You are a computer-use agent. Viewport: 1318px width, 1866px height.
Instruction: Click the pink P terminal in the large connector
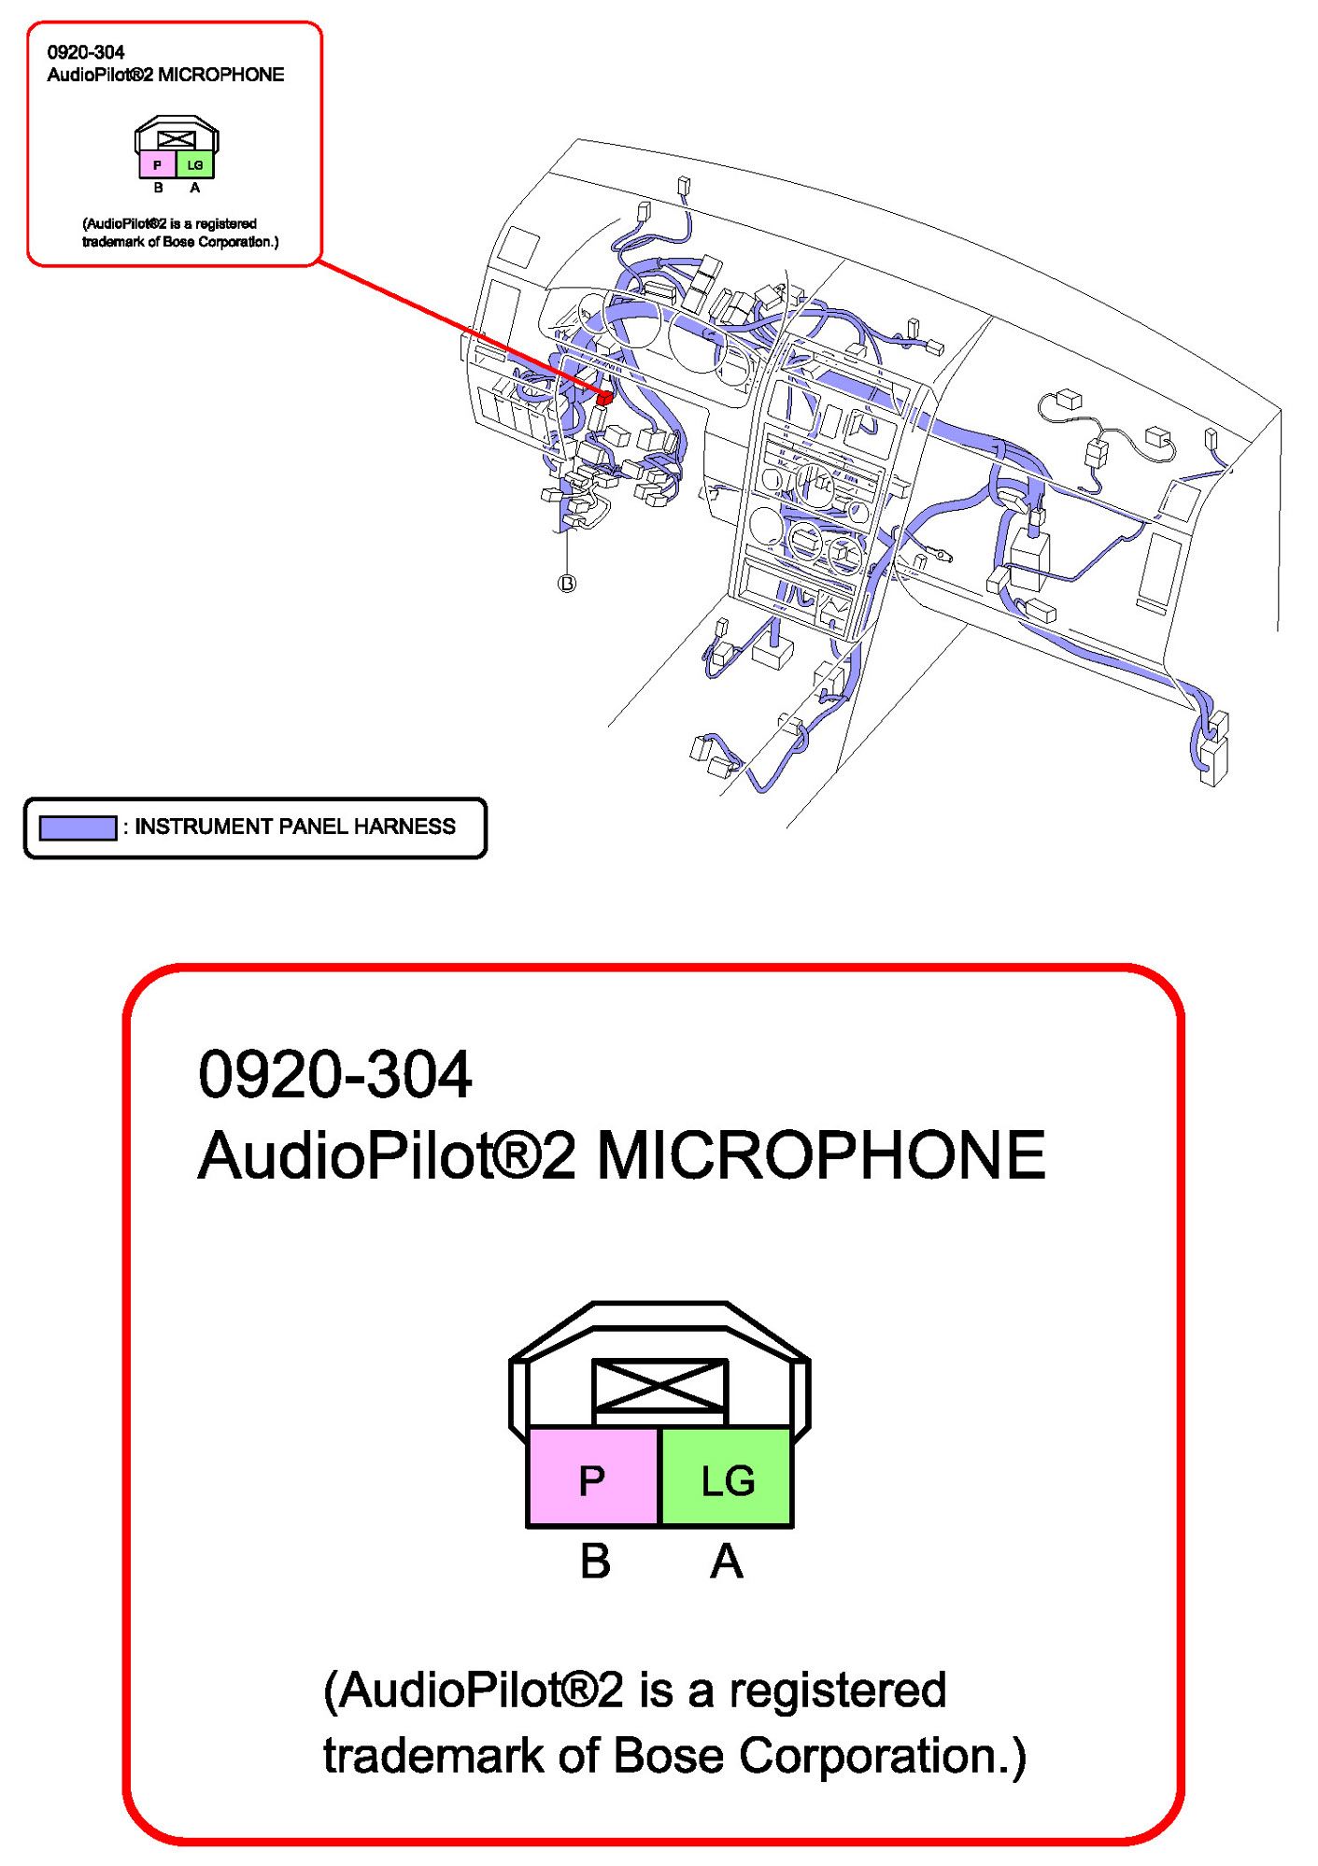592,1479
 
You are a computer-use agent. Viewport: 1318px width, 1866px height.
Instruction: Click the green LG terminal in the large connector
727,1479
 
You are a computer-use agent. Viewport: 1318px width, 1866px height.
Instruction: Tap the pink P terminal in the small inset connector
157,165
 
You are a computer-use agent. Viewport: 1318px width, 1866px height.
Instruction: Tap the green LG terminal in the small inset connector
194,165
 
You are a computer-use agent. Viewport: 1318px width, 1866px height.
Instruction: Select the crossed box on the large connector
659,1385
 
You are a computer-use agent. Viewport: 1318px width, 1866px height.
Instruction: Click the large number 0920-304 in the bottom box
334,1074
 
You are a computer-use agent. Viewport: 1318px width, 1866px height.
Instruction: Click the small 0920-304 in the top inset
86,52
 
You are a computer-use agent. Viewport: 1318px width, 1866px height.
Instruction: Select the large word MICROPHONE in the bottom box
820,1155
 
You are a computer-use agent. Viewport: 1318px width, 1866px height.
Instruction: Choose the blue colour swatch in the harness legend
78,827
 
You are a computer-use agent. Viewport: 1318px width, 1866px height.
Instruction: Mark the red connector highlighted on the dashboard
604,398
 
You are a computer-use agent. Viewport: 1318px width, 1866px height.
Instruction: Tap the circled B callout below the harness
567,584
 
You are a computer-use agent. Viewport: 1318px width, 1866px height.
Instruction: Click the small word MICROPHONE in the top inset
221,75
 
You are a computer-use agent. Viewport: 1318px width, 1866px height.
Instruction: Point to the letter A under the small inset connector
194,188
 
